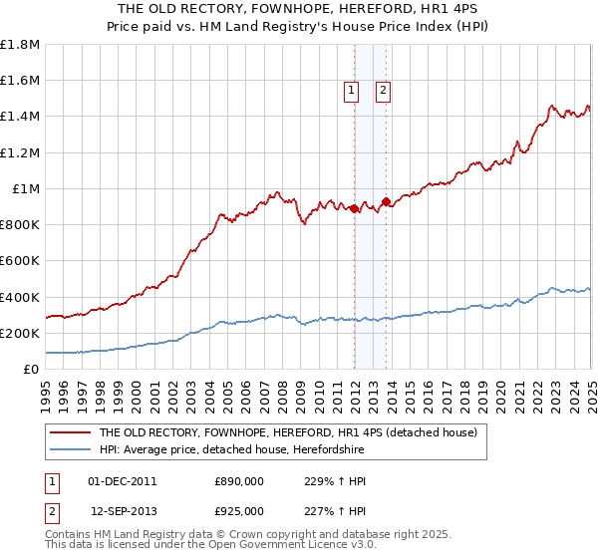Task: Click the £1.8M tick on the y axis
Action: pos(19,45)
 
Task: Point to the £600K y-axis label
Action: pos(19,261)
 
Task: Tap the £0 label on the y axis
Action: pos(31,370)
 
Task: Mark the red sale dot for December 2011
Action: pos(354,208)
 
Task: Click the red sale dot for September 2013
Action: pos(386,202)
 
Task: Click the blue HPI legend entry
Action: pos(229,450)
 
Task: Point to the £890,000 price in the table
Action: pos(239,482)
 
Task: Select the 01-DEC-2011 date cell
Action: pos(123,482)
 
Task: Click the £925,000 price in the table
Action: pos(239,510)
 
